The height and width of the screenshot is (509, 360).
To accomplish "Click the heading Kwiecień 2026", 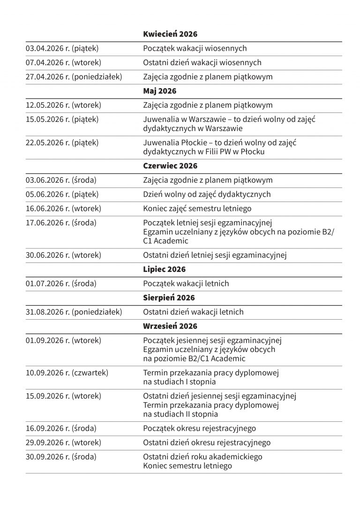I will tap(170, 34).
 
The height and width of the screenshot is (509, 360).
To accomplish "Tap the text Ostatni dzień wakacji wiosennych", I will tap(202, 62).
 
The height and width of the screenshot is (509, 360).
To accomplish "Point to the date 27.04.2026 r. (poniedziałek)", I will tap(74, 76).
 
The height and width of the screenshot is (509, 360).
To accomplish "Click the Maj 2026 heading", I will tap(159, 91).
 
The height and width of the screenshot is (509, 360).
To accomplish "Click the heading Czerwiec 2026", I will tap(170, 166).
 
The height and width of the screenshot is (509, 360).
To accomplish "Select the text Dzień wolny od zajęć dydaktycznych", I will tap(207, 194).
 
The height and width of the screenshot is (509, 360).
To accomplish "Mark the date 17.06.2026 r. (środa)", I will tap(61, 223).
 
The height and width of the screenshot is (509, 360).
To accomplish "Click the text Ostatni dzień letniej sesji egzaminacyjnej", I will tap(215, 255).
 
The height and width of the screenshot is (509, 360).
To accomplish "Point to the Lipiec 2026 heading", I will tap(164, 269).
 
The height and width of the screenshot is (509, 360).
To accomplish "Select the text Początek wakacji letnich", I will tap(186, 284).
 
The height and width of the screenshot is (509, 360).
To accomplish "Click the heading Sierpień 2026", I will tap(169, 298).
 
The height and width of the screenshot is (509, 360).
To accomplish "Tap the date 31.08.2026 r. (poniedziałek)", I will tap(74, 312).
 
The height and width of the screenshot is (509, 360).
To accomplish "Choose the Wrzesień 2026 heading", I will tap(170, 326).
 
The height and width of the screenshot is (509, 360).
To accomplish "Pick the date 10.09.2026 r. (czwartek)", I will tap(67, 373).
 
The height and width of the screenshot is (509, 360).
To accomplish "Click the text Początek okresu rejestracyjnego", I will tap(199, 428).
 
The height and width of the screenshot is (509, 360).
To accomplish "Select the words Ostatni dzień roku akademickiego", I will tap(202, 457).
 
